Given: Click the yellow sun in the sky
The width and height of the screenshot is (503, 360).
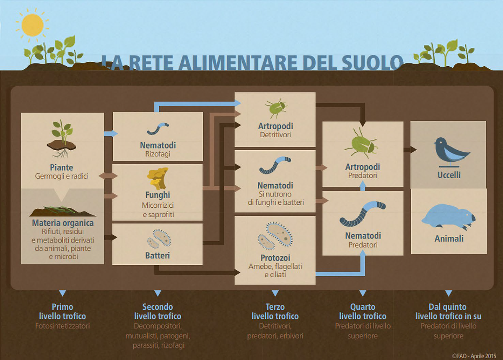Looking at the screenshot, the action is tap(32, 25).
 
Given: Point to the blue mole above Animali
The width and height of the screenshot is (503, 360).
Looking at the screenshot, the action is tap(449, 217).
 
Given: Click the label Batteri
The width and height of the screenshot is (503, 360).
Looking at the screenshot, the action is tap(158, 256).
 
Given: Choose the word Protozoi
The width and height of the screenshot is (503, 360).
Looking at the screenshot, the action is tap(275, 258).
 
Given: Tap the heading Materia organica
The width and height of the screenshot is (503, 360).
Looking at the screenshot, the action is tap(62, 223).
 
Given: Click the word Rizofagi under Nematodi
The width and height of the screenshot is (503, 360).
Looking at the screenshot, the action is tap(158, 154).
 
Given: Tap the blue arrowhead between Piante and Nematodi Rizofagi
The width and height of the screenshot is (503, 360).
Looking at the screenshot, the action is tap(114, 133).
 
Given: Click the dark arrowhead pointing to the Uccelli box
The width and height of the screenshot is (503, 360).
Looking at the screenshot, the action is tap(413, 150).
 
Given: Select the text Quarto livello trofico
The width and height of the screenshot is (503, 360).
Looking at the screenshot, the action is tap(363, 311).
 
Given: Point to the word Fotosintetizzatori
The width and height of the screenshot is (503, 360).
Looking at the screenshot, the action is tap(62, 326).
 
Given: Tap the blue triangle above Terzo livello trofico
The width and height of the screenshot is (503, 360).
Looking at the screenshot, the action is tap(275, 293).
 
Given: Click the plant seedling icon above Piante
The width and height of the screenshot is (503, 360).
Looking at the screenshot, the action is tap(62, 139).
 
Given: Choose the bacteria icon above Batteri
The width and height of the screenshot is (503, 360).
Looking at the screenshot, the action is tap(159, 239).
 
